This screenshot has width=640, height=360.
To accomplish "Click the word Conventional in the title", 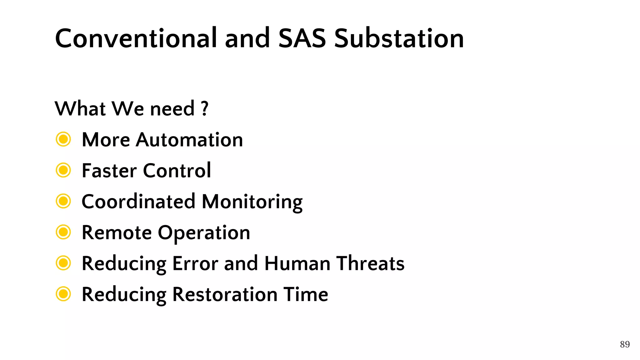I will click(x=136, y=38).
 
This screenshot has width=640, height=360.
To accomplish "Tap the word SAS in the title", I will click(x=302, y=38).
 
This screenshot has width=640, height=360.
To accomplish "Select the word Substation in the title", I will click(x=399, y=38).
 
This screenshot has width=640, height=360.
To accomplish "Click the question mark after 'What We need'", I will click(x=205, y=109).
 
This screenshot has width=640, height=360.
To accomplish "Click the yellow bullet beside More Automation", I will click(x=63, y=139).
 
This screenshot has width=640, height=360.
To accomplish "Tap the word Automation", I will click(x=189, y=140).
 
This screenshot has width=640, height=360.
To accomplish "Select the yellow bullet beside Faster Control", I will click(x=63, y=170).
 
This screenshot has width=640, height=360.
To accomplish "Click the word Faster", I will click(x=109, y=171).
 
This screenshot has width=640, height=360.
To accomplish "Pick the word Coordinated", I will click(x=138, y=202).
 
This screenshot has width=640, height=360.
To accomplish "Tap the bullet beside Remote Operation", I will click(x=63, y=232).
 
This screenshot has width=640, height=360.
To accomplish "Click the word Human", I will click(x=297, y=263).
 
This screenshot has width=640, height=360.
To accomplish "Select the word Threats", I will click(x=370, y=263).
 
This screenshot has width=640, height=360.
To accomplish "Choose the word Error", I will click(x=195, y=263).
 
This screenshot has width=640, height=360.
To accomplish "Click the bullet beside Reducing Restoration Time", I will click(x=63, y=294).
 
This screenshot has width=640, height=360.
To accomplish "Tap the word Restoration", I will click(x=225, y=295).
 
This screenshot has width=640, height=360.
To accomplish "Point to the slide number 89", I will click(x=625, y=344).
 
